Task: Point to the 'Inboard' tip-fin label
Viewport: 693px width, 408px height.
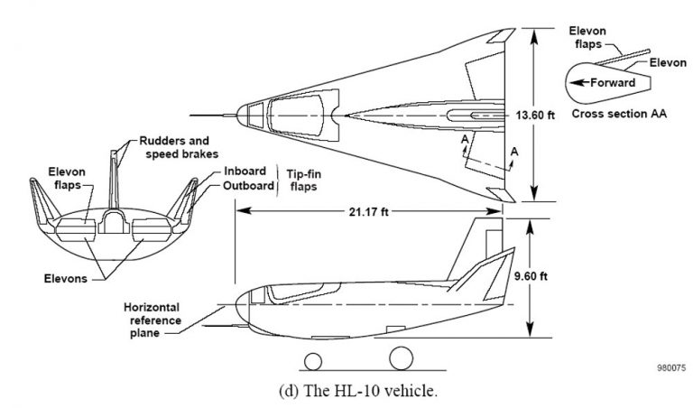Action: point(243,172)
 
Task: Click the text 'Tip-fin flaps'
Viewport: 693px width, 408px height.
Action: point(302,180)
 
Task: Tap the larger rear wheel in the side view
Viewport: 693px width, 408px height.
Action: point(402,360)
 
